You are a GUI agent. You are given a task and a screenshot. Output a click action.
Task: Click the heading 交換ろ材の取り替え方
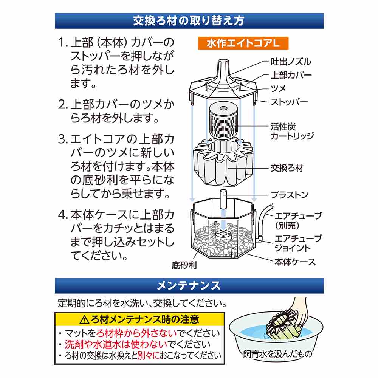pyautogui.click(x=189, y=21)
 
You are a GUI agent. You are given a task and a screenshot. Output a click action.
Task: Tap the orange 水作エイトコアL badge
pyautogui.click(x=243, y=43)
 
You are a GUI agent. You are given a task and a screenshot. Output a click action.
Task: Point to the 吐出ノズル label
pyautogui.click(x=291, y=62)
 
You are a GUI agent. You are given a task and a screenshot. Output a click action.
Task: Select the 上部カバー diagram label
pyautogui.click(x=291, y=75)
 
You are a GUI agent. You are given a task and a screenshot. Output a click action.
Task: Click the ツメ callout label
pyautogui.click(x=279, y=88)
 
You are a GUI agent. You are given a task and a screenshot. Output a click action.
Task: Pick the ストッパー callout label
pyautogui.click(x=289, y=102)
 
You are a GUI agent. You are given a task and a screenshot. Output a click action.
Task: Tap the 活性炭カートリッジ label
pyautogui.click(x=292, y=132)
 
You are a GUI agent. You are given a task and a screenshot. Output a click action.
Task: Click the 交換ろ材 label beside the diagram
pyautogui.click(x=287, y=168)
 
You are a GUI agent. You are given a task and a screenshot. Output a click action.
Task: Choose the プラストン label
pyautogui.click(x=290, y=195)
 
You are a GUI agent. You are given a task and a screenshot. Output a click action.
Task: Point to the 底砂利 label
pyautogui.click(x=184, y=265)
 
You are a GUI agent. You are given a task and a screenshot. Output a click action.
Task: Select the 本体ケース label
pyautogui.click(x=295, y=262)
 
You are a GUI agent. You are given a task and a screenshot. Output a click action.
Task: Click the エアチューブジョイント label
pyautogui.click(x=298, y=243)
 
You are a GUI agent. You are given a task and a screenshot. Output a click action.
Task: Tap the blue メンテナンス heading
pyautogui.click(x=189, y=286)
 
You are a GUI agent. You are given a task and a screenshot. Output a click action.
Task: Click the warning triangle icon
pyautogui.click(x=84, y=320)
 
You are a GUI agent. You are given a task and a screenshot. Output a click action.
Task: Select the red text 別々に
pyautogui.click(x=149, y=355)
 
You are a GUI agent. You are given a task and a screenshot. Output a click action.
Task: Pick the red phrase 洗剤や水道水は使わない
pyautogui.click(x=116, y=344)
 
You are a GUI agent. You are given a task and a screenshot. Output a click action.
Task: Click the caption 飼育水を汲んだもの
pyautogui.click(x=277, y=354)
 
